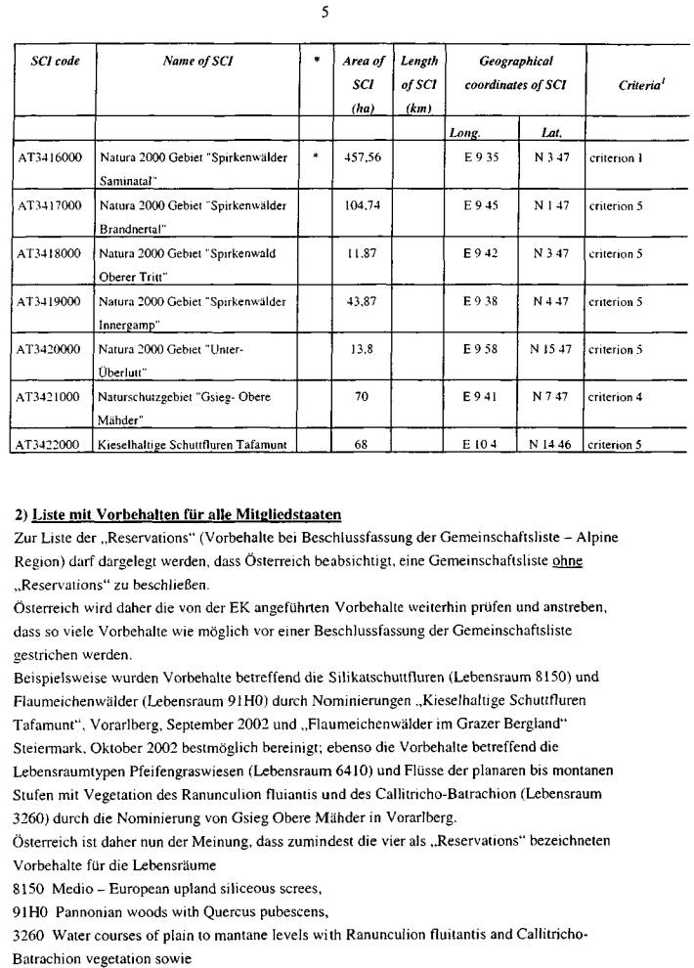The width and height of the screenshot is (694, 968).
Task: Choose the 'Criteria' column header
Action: (x=637, y=85)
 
